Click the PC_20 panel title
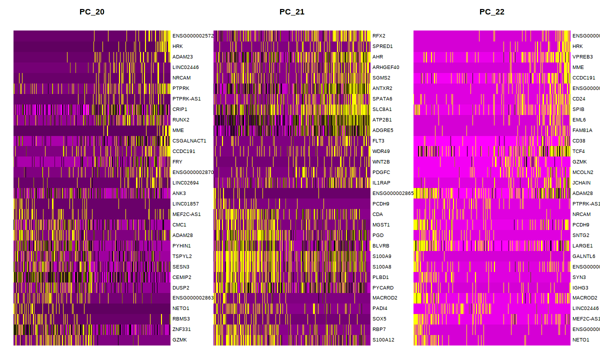point(92,12)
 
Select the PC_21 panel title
point(292,12)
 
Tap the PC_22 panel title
point(492,12)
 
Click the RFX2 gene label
point(379,36)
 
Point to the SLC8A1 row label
point(382,109)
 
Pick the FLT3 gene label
point(378,141)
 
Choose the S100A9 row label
point(382,256)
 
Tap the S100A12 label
point(383,340)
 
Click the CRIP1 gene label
point(180,109)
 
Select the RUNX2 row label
point(181,120)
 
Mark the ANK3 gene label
point(179,193)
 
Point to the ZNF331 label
point(181,330)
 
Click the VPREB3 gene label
point(582,57)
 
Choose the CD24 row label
point(579,99)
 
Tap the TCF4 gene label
point(579,151)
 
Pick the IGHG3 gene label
point(580,288)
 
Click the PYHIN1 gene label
point(181,246)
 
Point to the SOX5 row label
point(379,319)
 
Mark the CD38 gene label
point(579,141)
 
